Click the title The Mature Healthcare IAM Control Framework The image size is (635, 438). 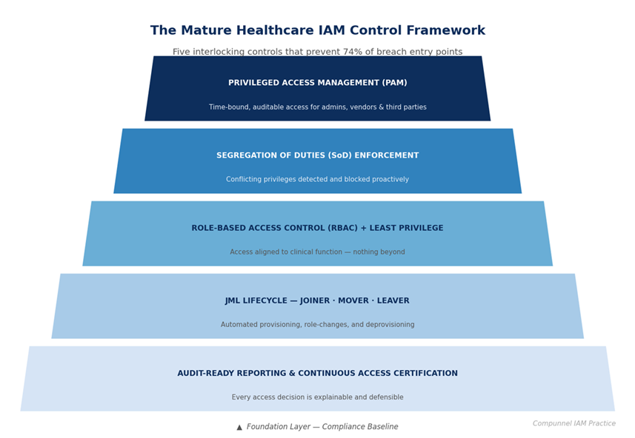pyautogui.click(x=317, y=31)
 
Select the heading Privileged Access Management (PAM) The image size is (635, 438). pyautogui.click(x=317, y=83)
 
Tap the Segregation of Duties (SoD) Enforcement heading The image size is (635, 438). pyautogui.click(x=317, y=155)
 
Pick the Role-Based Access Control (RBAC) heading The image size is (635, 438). pyautogui.click(x=317, y=228)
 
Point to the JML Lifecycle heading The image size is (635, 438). pyautogui.click(x=317, y=301)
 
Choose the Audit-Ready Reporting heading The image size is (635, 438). pyautogui.click(x=317, y=374)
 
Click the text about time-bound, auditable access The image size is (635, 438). pyautogui.click(x=317, y=107)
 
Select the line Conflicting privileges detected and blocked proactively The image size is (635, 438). pyautogui.click(x=317, y=180)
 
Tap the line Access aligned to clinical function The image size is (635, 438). pyautogui.click(x=317, y=252)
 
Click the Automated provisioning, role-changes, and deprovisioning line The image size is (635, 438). pyautogui.click(x=317, y=325)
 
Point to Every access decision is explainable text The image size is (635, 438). pyautogui.click(x=317, y=397)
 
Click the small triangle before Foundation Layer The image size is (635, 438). pyautogui.click(x=239, y=427)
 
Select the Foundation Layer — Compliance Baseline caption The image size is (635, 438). pyautogui.click(x=322, y=427)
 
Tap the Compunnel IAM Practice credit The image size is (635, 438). pyautogui.click(x=574, y=424)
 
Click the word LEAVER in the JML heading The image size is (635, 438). pyautogui.click(x=392, y=301)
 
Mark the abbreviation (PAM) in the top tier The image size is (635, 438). pyautogui.click(x=393, y=83)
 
